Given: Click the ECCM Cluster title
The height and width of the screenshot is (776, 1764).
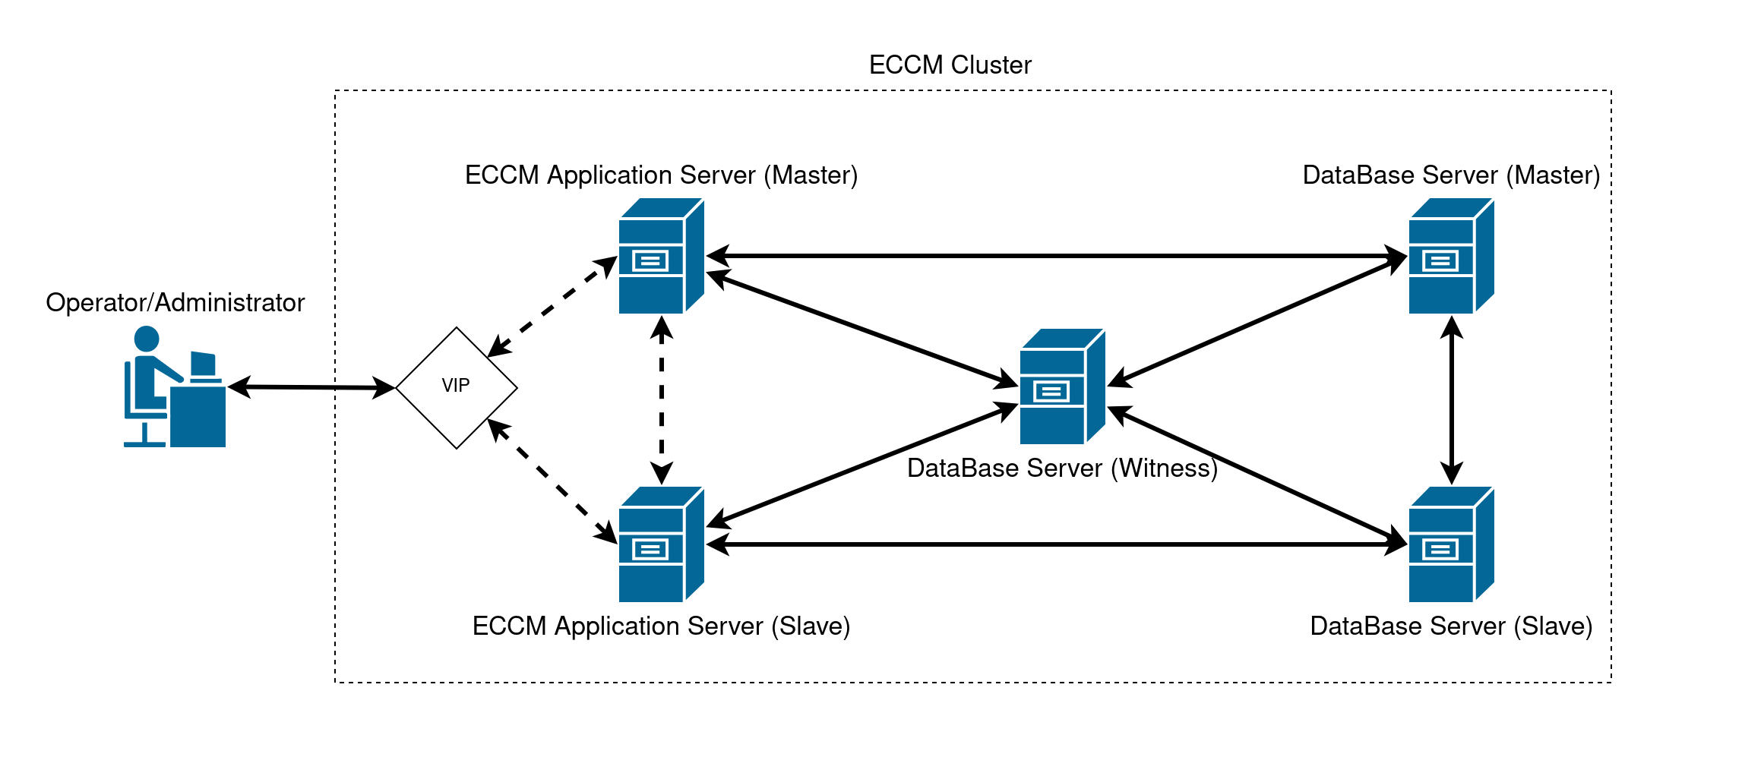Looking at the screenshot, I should (x=950, y=65).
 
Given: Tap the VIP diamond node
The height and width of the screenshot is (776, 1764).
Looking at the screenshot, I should (x=456, y=387).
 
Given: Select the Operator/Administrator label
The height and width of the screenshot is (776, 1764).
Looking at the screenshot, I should (x=175, y=303).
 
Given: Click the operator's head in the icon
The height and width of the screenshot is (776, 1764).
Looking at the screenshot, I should (x=147, y=339).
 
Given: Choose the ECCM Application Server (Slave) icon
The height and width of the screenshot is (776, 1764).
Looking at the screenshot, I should (x=660, y=544).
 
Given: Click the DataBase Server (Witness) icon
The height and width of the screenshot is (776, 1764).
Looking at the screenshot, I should (x=1061, y=386).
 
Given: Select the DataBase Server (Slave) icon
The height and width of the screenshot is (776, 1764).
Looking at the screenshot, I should (x=1450, y=544).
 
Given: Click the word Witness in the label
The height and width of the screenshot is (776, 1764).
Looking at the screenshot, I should (x=1163, y=468).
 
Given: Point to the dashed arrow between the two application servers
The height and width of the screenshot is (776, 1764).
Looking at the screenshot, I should (x=662, y=400).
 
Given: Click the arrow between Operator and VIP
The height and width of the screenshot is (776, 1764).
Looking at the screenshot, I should (x=311, y=387).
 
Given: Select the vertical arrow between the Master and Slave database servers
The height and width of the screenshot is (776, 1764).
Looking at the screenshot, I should (x=1452, y=400).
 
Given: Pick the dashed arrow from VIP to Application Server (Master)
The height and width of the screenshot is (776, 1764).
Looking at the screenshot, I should (x=552, y=307).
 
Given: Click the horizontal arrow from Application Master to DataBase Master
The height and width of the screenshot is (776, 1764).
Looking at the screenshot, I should (x=1056, y=256).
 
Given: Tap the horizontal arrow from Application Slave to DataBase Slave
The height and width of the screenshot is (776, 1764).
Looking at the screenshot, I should (x=1056, y=544).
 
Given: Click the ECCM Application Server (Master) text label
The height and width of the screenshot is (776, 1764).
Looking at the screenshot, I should (x=661, y=175).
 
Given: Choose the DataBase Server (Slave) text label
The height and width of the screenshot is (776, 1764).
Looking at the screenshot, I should (x=1451, y=626).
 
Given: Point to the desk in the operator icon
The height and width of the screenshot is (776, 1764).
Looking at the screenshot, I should (x=198, y=416).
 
